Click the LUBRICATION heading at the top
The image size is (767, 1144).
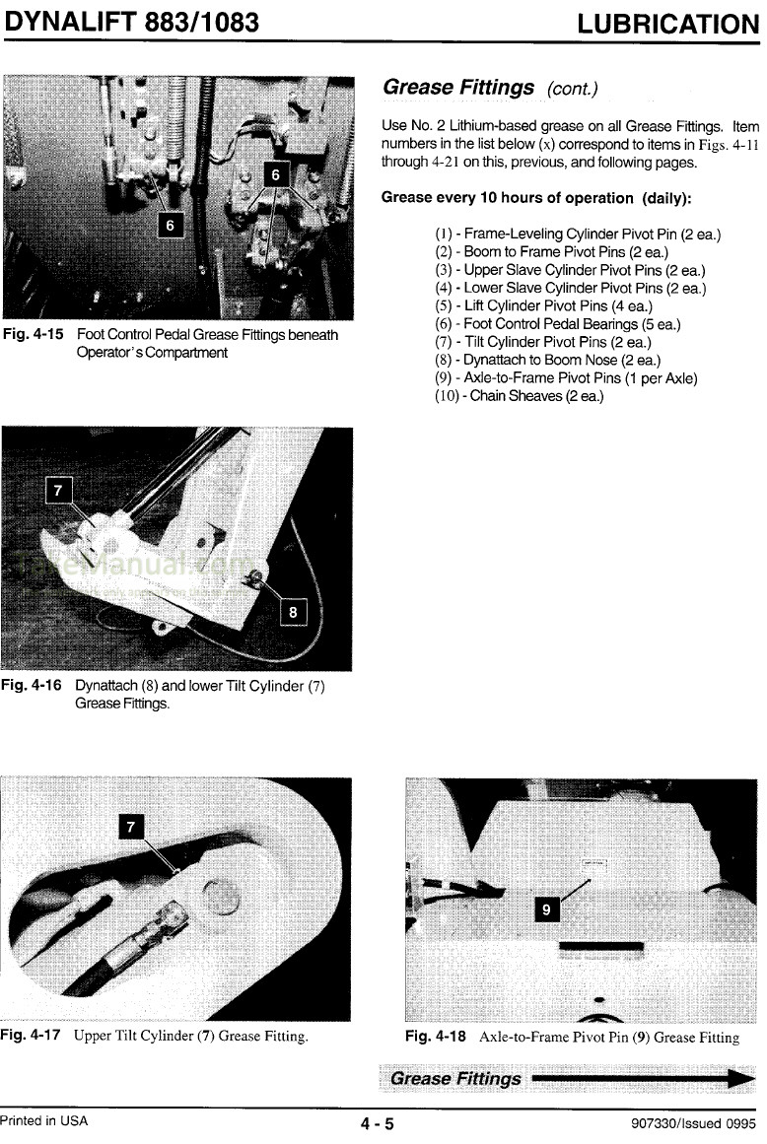pyautogui.click(x=667, y=24)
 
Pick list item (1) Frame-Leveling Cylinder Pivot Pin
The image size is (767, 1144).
pyautogui.click(x=577, y=235)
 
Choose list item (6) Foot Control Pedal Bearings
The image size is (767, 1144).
pyautogui.click(x=557, y=324)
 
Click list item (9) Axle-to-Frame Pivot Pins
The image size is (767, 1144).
pyautogui.click(x=566, y=377)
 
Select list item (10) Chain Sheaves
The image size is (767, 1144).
pyautogui.click(x=519, y=396)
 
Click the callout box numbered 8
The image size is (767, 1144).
pyautogui.click(x=293, y=612)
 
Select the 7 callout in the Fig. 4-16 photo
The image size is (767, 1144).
pyautogui.click(x=60, y=490)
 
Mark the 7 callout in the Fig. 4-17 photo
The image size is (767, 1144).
pyautogui.click(x=131, y=826)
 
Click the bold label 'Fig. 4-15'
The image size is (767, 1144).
pyautogui.click(x=33, y=335)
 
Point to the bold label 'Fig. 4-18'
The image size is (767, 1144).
pyautogui.click(x=435, y=1037)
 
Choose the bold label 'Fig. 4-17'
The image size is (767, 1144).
pyautogui.click(x=33, y=1036)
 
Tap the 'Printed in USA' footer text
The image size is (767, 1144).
pyautogui.click(x=44, y=1121)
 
